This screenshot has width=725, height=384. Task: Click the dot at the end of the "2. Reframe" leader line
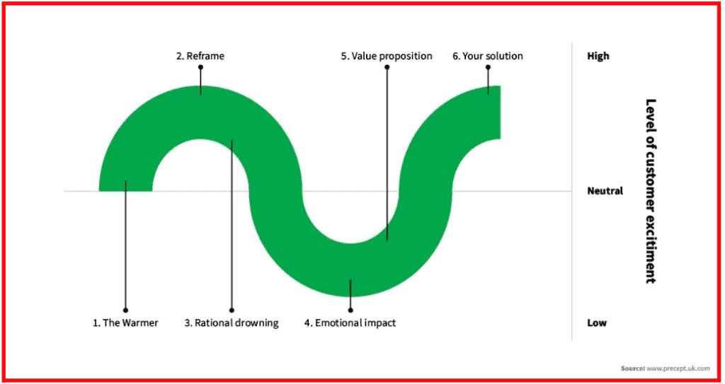coord(200,67)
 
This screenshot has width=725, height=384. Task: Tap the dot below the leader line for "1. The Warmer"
coord(125,310)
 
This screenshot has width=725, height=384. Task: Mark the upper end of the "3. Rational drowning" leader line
coord(232,141)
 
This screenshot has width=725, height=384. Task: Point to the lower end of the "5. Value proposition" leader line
coord(387,240)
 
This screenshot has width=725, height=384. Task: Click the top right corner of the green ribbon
coord(501,86)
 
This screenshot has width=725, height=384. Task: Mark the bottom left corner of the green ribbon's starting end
coord(99,191)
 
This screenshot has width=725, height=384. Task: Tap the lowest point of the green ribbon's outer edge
coord(350,297)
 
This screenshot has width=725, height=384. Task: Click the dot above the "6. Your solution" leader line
coord(488,67)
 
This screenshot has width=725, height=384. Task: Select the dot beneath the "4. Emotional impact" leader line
coord(350,310)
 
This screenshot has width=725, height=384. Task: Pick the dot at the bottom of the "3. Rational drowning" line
coord(232,310)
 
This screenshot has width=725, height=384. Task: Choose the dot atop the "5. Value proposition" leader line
coord(387,67)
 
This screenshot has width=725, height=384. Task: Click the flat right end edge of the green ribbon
coord(501,112)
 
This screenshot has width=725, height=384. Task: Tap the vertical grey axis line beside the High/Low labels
coord(572,191)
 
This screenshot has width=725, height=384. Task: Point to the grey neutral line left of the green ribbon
coord(81,191)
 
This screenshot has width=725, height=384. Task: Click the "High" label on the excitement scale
coord(598,56)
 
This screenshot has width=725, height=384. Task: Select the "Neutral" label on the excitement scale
coord(605,190)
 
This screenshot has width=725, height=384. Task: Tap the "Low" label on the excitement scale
coord(597,322)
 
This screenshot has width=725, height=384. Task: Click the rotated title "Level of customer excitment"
coord(651,191)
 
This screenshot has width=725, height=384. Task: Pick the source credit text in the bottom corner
coord(665,368)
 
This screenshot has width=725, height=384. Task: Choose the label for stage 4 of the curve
coord(350,323)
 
